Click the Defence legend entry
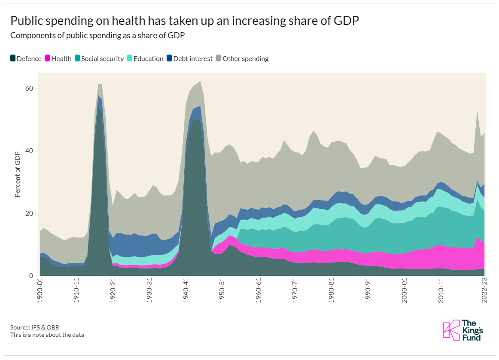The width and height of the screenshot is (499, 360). [26, 59]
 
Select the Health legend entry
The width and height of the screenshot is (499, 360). [58, 59]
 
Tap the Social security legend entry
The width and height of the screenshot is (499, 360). [99, 59]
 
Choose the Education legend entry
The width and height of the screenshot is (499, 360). [145, 59]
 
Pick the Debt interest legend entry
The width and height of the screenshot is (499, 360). [189, 59]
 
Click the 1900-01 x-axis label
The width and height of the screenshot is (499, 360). [40, 291]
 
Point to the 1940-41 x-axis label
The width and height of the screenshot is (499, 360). [186, 291]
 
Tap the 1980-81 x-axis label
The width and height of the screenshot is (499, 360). [332, 291]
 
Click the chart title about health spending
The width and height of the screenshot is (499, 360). [184, 21]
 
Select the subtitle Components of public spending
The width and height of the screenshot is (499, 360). [97, 36]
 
